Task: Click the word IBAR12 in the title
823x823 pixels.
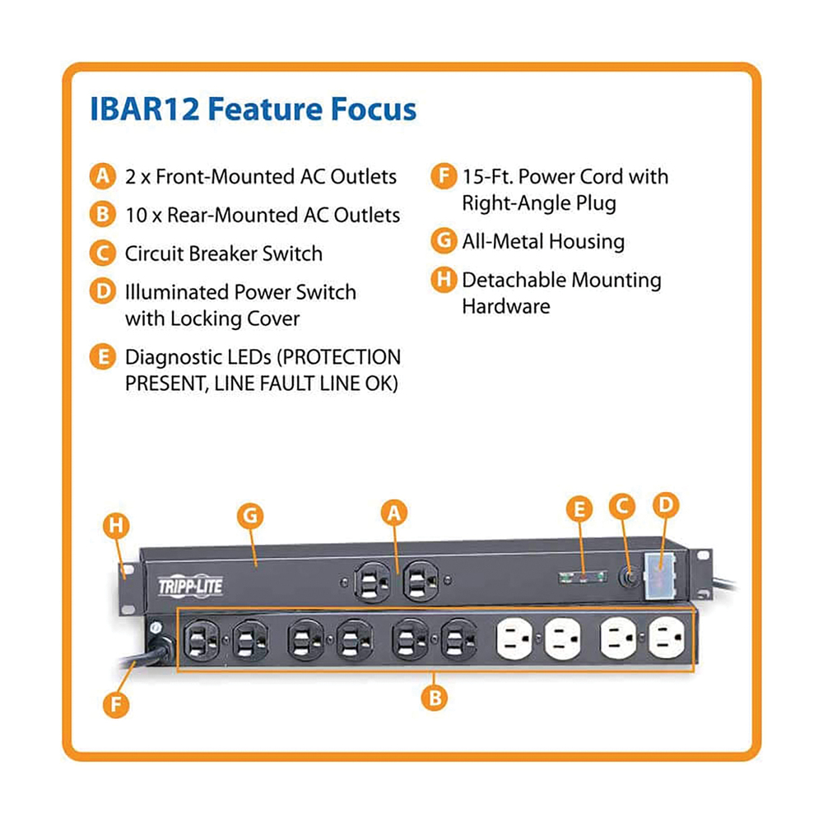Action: [145, 109]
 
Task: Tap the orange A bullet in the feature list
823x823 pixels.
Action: [102, 176]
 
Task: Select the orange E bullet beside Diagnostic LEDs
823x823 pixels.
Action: [102, 357]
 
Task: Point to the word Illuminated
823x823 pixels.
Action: [176, 292]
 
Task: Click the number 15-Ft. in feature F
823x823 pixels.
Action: [486, 176]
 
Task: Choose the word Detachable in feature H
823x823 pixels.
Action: [514, 280]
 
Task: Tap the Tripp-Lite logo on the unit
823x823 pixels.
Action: [191, 585]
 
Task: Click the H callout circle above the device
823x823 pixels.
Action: [116, 526]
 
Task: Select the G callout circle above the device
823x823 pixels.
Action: [250, 516]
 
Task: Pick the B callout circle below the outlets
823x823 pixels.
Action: [435, 699]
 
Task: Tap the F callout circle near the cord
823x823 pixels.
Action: [116, 704]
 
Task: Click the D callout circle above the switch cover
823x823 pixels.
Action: [666, 505]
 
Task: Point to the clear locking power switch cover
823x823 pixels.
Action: [660, 575]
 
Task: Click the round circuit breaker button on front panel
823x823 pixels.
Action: [630, 577]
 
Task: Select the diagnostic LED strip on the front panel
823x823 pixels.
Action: [583, 578]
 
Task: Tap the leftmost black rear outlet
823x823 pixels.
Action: [201, 639]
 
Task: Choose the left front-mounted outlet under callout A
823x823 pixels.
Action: [372, 581]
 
